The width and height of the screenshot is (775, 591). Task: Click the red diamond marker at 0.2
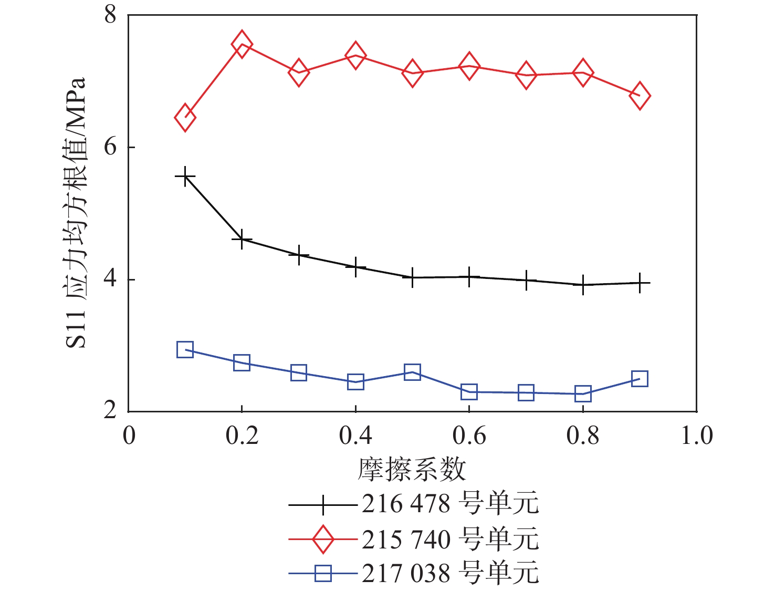tap(242, 44)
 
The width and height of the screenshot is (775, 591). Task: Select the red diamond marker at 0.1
tap(185, 117)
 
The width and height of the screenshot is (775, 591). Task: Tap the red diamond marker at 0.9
tap(640, 96)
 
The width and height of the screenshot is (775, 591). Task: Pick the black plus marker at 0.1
tap(185, 177)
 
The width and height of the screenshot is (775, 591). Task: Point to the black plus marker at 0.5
tap(412, 277)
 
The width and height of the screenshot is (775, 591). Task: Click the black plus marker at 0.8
tap(583, 285)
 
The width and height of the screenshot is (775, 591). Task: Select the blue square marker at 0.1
tap(185, 349)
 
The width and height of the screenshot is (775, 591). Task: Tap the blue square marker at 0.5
tap(412, 372)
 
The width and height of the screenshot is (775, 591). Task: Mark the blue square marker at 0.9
tap(640, 378)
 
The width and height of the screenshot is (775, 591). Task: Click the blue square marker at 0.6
tap(469, 391)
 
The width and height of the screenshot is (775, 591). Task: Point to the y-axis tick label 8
tap(110, 15)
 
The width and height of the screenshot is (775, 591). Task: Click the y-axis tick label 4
tap(110, 278)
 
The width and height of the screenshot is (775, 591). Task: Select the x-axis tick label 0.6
tap(469, 436)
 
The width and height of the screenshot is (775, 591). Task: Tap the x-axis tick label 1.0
tap(696, 436)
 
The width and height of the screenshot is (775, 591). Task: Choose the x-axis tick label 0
tap(129, 436)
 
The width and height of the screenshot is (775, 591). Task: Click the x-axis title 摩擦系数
tap(412, 469)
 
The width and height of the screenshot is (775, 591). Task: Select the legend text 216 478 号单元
tap(450, 504)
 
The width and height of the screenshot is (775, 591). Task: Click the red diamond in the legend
tap(323, 539)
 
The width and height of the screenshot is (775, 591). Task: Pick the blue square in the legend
tap(323, 573)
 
